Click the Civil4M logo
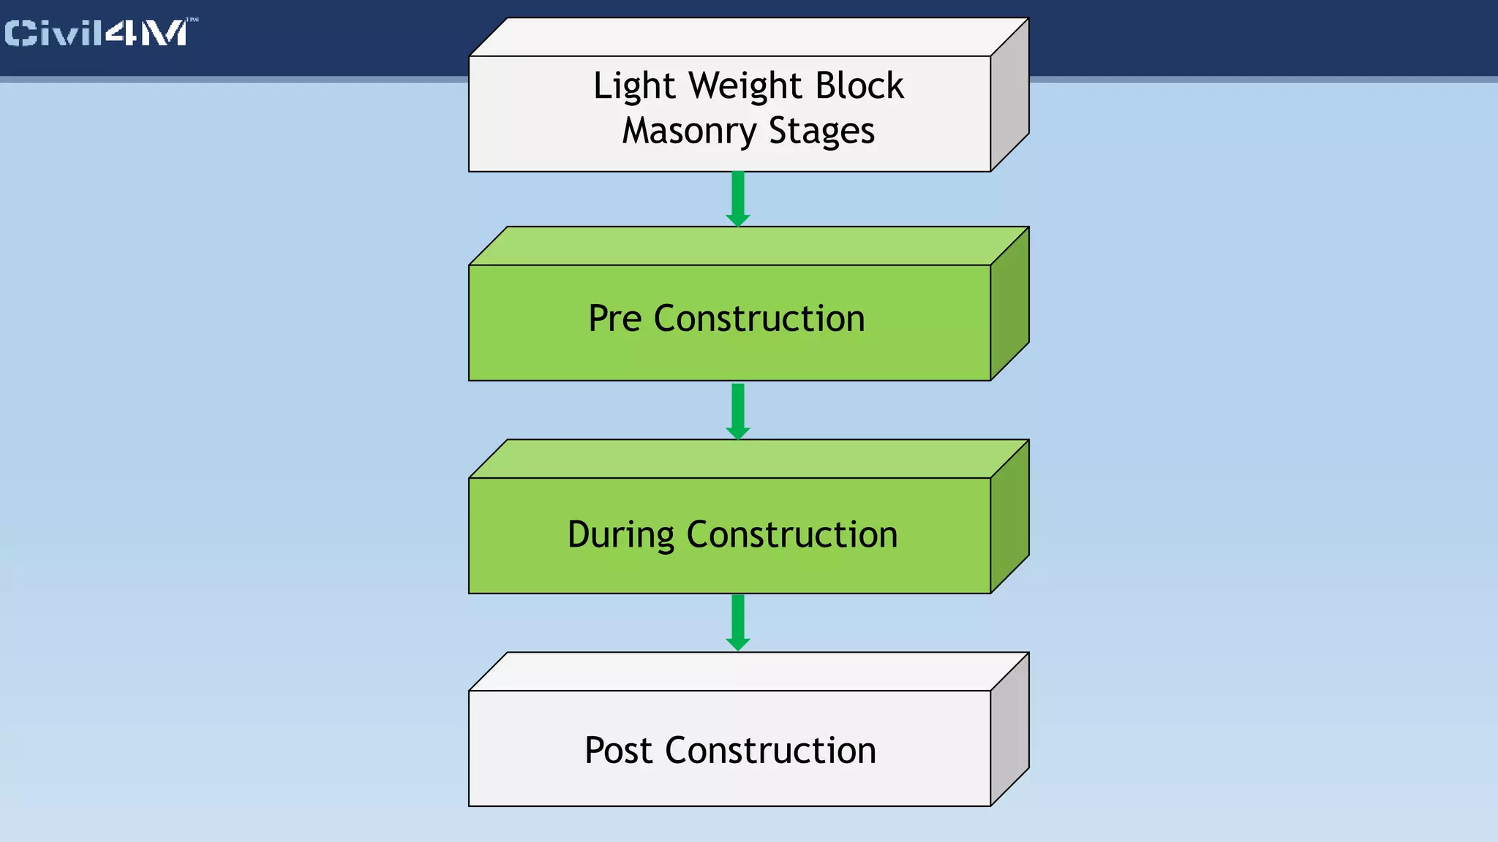99,33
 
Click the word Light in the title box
633,86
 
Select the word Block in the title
859,86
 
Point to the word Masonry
689,132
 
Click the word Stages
821,132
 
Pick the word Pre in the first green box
614,319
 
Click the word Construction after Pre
759,319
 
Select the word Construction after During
791,534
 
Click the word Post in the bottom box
617,751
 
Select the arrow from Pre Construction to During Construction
738,411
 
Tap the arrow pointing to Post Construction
738,622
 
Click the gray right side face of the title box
1009,95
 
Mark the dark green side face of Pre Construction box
1009,303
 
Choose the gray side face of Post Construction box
1009,729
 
